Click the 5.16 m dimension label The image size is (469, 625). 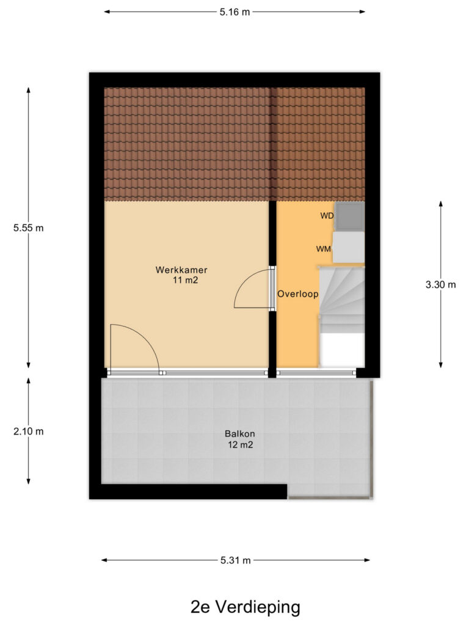click(234, 12)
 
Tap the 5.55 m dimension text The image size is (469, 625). click(28, 228)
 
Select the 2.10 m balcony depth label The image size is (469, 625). click(28, 432)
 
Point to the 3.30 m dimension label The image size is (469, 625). click(441, 284)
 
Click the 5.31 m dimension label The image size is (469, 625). click(236, 560)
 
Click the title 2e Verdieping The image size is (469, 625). click(245, 607)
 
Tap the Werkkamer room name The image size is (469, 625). click(181, 270)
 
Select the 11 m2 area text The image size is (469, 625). click(185, 280)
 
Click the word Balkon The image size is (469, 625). click(239, 434)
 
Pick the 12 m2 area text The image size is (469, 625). click(241, 444)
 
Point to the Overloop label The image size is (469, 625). click(298, 294)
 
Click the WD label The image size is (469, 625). click(327, 215)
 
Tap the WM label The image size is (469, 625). click(324, 249)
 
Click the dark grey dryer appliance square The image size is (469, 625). click(349, 217)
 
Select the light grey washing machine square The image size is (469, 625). click(349, 248)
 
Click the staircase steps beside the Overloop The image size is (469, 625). click(342, 300)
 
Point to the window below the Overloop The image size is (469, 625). click(316, 373)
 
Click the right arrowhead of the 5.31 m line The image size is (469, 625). click(367, 560)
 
